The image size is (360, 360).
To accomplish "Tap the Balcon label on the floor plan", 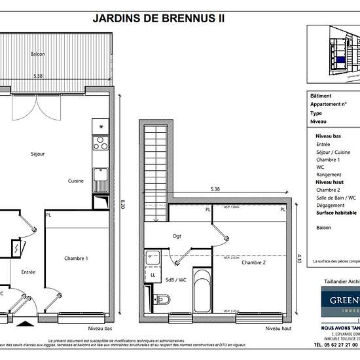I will tap(37, 54).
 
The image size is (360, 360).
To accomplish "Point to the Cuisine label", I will tap(76, 181).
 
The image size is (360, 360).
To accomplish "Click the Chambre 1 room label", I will tap(76, 259).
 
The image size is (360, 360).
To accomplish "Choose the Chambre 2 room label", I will tap(253, 262).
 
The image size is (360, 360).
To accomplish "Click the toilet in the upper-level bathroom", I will tap(160, 300).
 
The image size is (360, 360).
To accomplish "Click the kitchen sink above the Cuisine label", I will tap(101, 175).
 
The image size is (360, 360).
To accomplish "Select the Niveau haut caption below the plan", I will tap(278, 330).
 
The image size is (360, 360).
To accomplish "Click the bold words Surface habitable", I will tap(336, 213).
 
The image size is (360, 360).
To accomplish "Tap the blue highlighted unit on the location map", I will tap(340, 60).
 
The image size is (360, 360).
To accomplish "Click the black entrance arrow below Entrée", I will tap(24, 323).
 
